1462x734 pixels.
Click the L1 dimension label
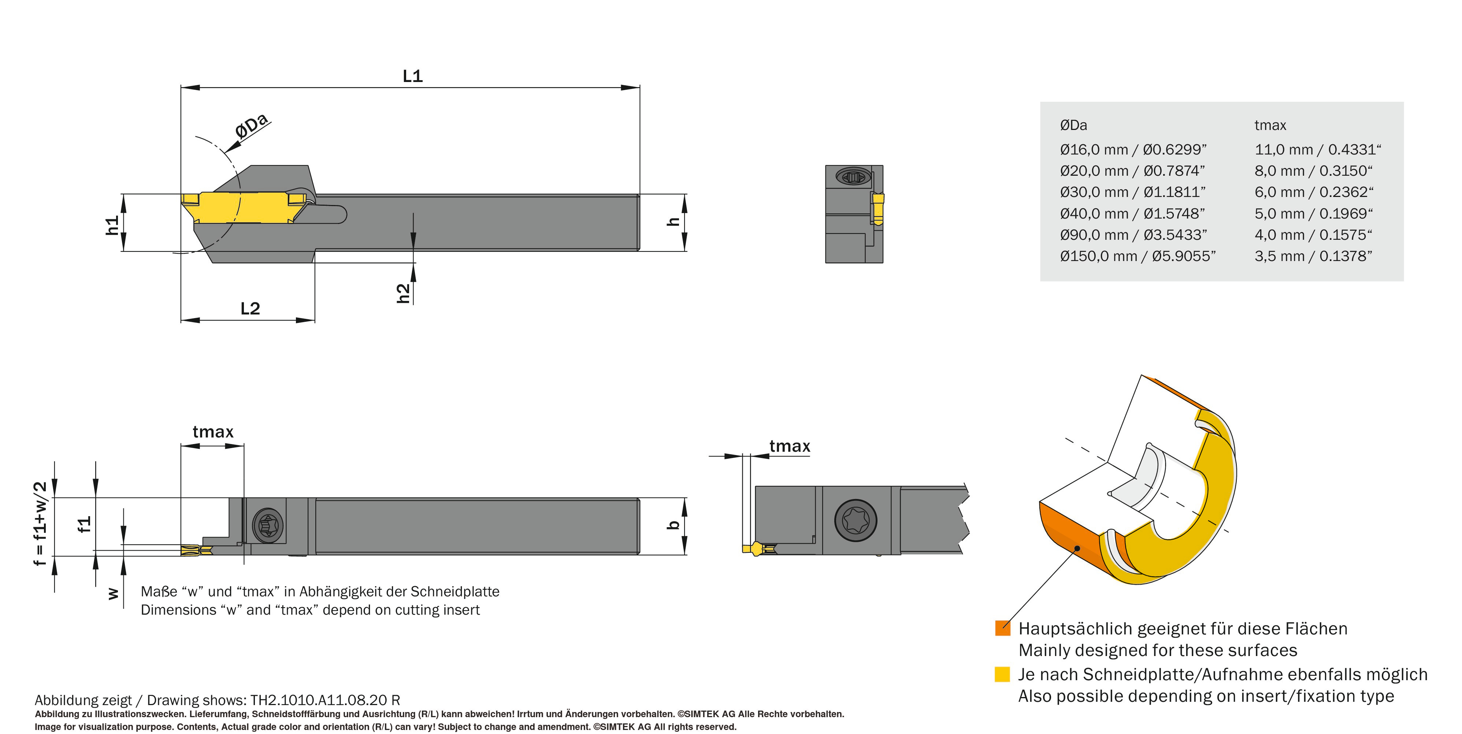[413, 76]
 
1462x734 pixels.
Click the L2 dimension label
[250, 309]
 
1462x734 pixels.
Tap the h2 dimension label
[403, 293]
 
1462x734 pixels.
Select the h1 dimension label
[113, 225]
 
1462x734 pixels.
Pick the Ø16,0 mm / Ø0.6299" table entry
[1133, 150]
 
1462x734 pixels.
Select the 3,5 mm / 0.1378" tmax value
[1313, 256]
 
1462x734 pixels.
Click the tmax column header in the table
[1270, 125]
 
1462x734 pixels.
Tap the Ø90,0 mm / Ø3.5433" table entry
[1133, 235]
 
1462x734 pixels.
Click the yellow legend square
[1002, 674]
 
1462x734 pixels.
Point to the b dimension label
[674, 525]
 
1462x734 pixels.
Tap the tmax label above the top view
[213, 432]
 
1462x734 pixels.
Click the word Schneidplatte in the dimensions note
[454, 592]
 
